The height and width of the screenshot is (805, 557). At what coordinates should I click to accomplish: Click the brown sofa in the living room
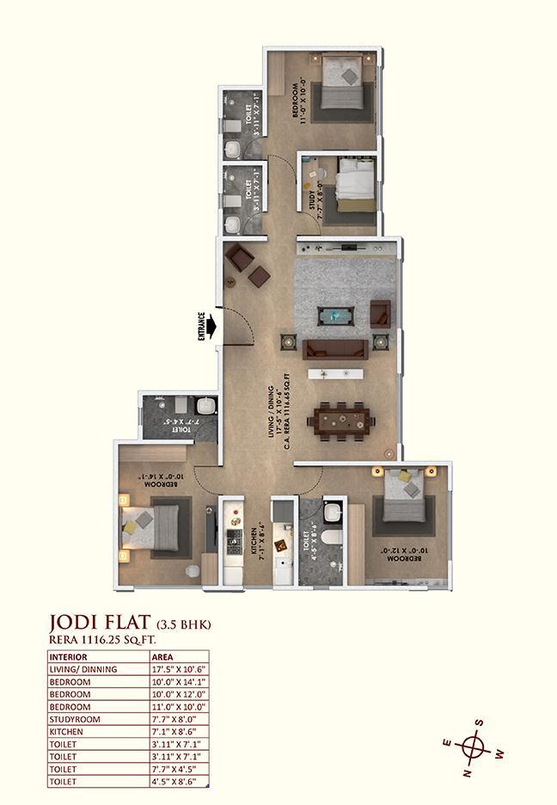tap(336, 349)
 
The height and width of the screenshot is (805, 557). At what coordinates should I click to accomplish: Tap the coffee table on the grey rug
tap(333, 316)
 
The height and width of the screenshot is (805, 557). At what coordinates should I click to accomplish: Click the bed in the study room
tap(354, 185)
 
